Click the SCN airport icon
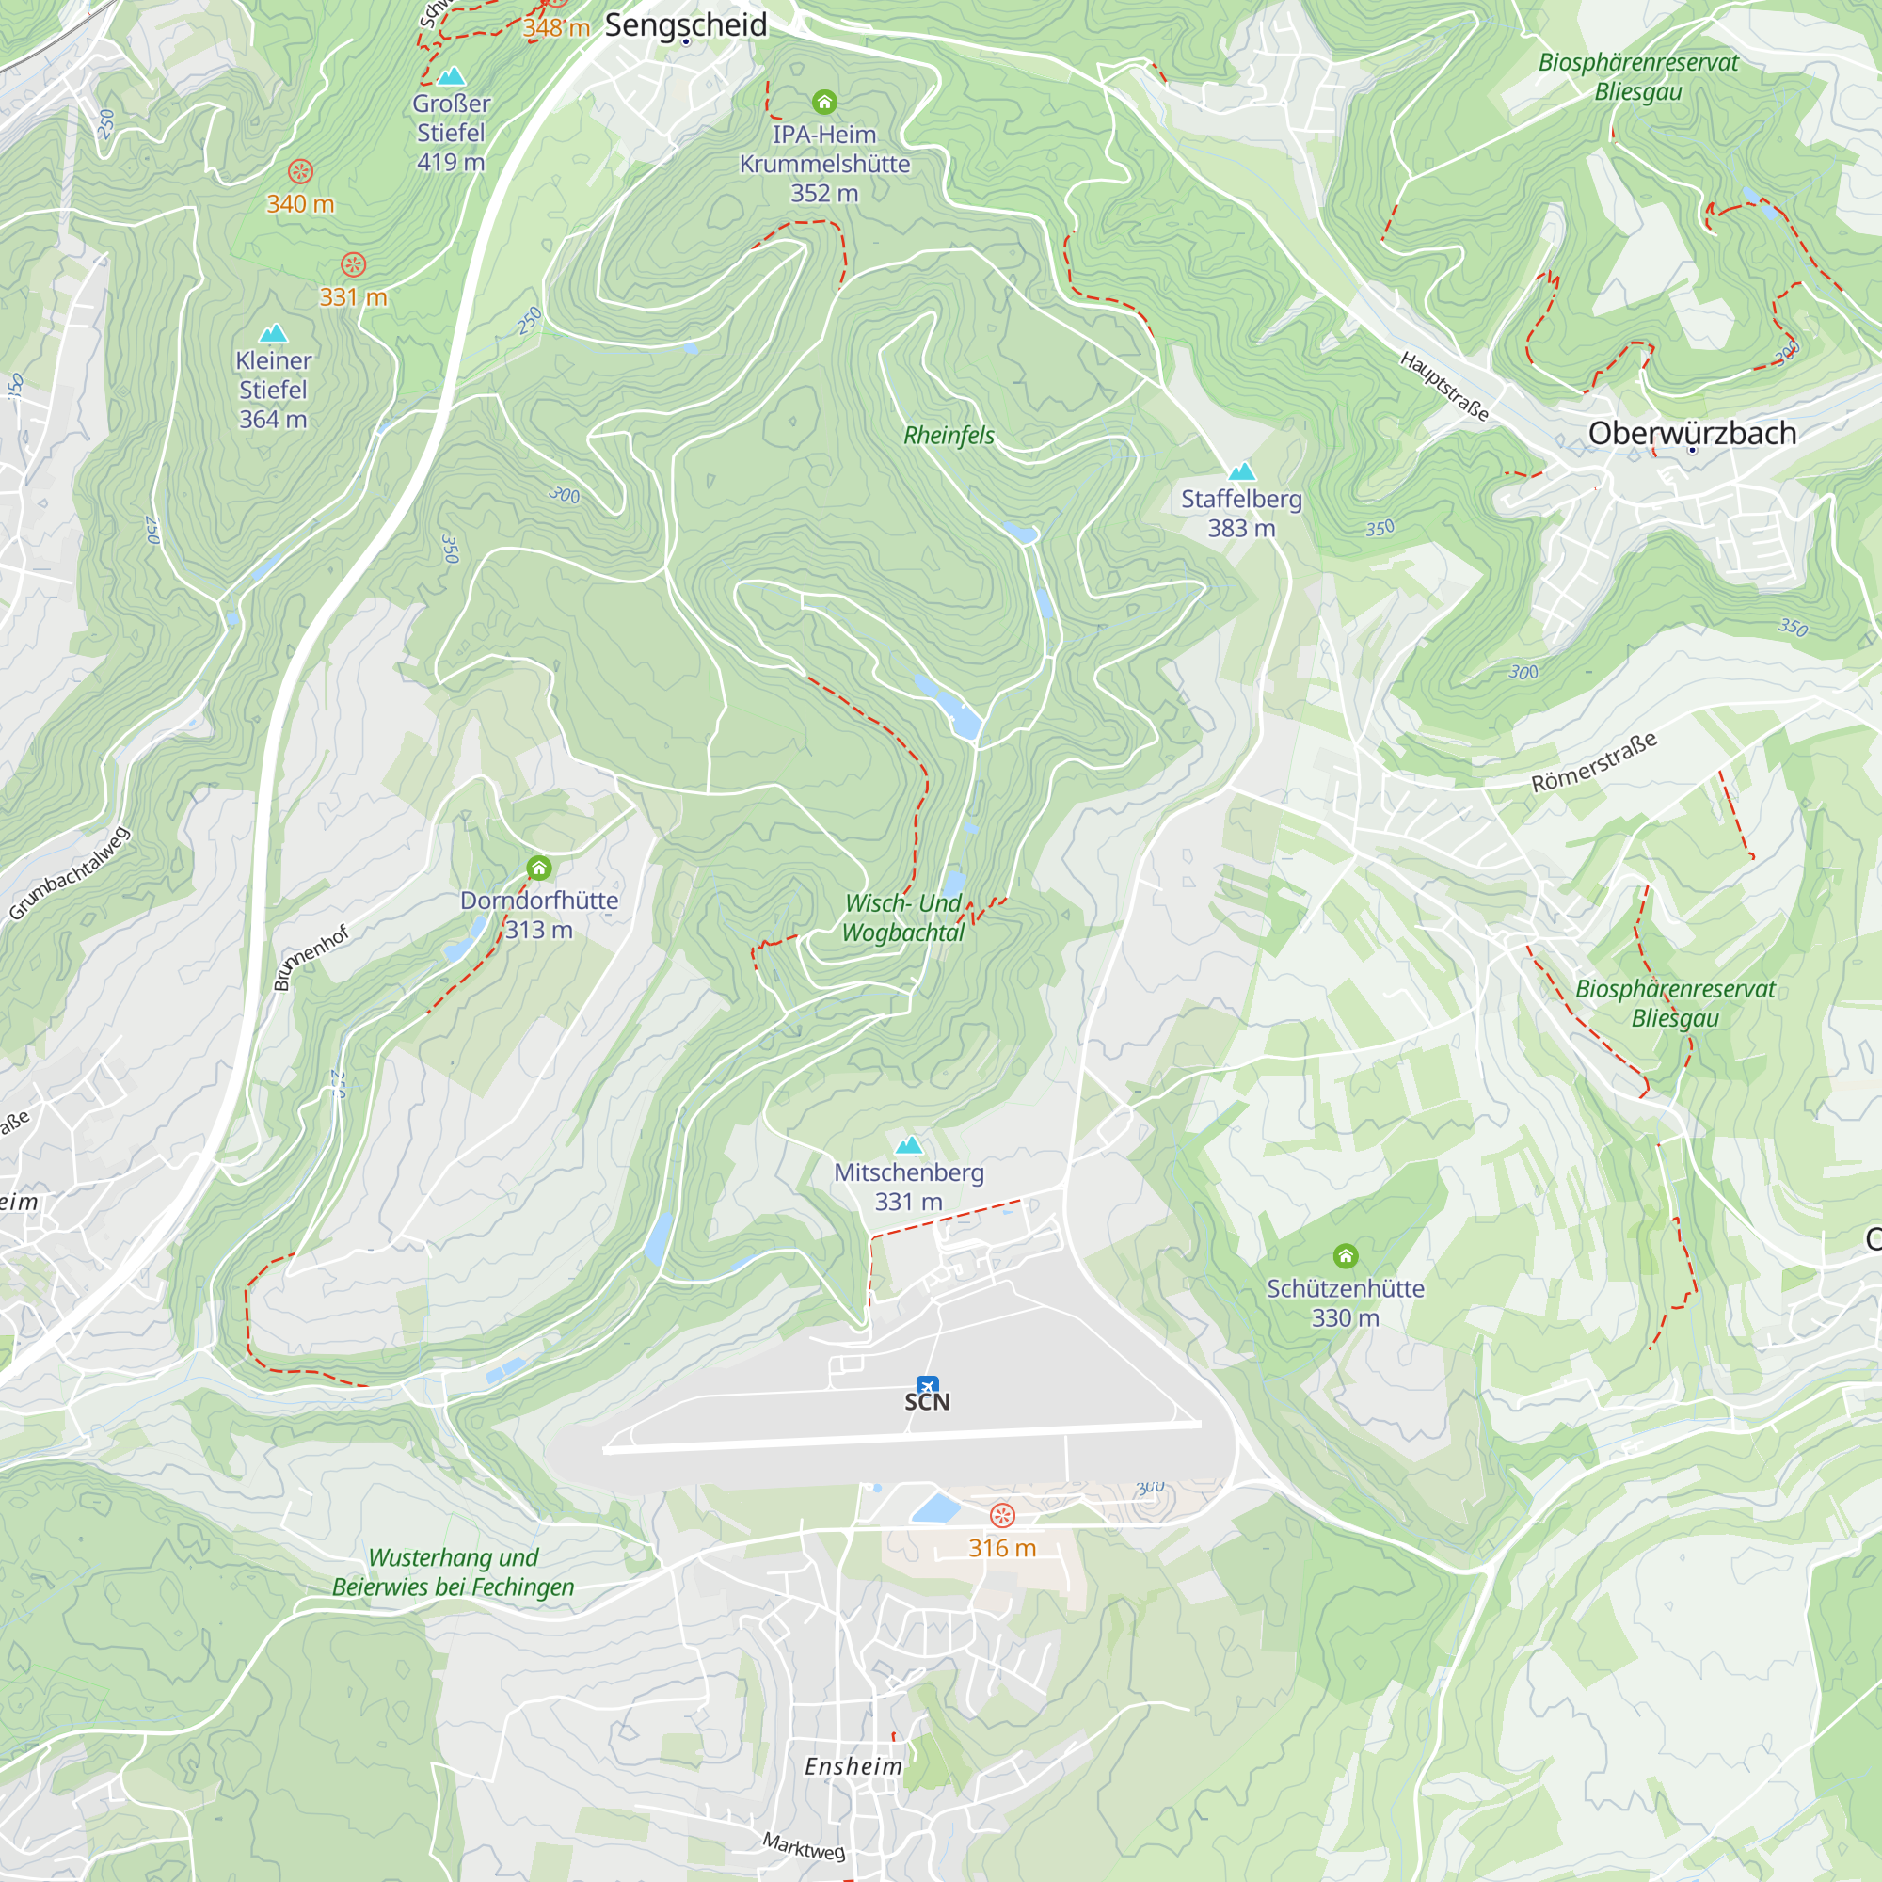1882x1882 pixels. pyautogui.click(x=928, y=1384)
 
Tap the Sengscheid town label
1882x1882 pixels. pyautogui.click(x=686, y=25)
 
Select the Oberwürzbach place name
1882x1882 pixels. pyautogui.click(x=1692, y=434)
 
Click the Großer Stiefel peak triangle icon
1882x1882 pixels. pyautogui.click(x=450, y=76)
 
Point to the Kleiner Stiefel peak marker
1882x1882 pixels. pyautogui.click(x=274, y=333)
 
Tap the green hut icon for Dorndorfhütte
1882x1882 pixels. pyautogui.click(x=538, y=868)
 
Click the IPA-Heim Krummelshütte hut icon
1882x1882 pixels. pyautogui.click(x=824, y=102)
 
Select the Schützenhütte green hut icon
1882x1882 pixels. pyautogui.click(x=1346, y=1255)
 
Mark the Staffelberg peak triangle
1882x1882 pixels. pyautogui.click(x=1241, y=472)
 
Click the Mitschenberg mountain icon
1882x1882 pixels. pyautogui.click(x=909, y=1144)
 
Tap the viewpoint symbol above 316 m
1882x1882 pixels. pyautogui.click(x=1002, y=1516)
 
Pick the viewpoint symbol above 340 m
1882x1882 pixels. pyautogui.click(x=300, y=172)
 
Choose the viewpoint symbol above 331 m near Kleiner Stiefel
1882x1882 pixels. pyautogui.click(x=354, y=265)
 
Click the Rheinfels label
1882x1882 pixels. pyautogui.click(x=949, y=436)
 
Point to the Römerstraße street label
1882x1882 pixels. pyautogui.click(x=1594, y=763)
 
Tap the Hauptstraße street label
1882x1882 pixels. pyautogui.click(x=1444, y=387)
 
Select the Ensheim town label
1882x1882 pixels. pyautogui.click(x=853, y=1766)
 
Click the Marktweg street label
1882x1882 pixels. pyautogui.click(x=804, y=1846)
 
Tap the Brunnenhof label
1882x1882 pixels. pyautogui.click(x=311, y=959)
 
